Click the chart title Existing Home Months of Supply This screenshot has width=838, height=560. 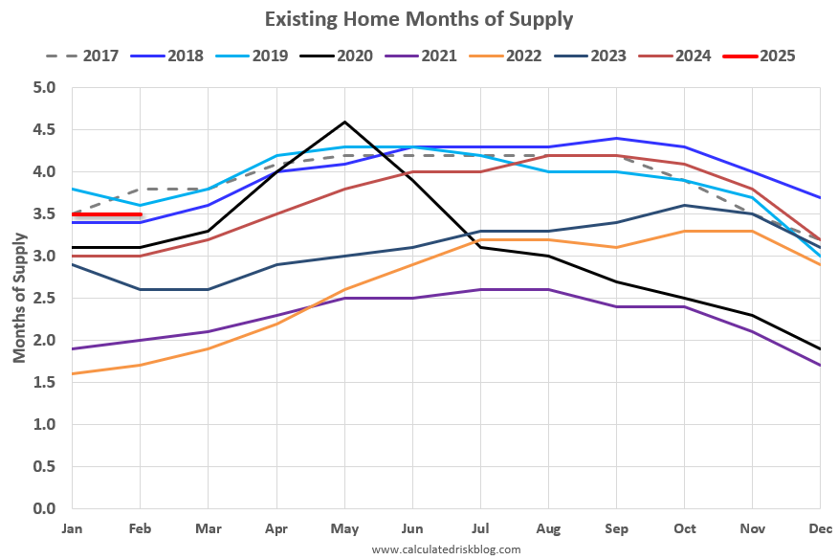[x=419, y=18]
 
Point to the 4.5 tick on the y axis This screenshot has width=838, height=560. [x=44, y=130]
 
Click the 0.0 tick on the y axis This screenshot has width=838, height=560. [x=44, y=508]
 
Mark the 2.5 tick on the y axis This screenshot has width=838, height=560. [x=44, y=299]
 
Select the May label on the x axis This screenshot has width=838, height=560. [x=343, y=528]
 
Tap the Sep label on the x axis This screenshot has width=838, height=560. [x=615, y=528]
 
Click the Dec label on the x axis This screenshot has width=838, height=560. [x=819, y=528]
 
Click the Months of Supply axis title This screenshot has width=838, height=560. [x=19, y=298]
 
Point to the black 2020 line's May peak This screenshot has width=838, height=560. [x=344, y=122]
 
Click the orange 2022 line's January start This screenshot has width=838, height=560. [x=73, y=373]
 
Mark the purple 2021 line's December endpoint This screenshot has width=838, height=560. [x=819, y=365]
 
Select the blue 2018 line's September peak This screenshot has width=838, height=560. [x=616, y=139]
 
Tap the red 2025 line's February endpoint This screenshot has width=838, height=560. [x=141, y=214]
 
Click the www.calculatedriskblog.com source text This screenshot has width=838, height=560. [x=446, y=549]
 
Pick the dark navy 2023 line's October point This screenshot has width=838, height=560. [x=684, y=205]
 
